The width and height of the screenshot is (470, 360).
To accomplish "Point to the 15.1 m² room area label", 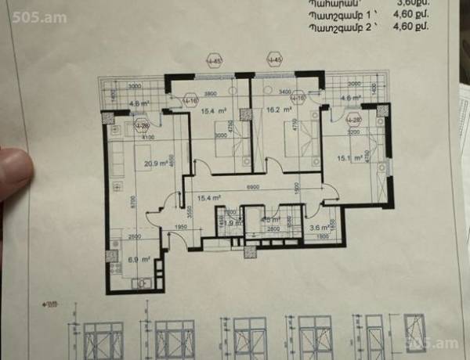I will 347,158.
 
